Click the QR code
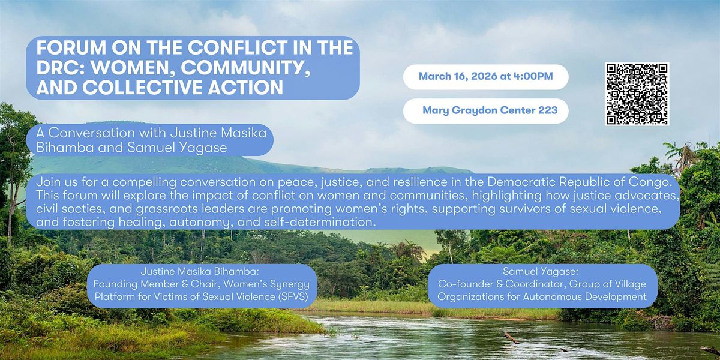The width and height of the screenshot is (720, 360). point(637,94)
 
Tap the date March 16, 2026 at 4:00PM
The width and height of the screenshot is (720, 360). point(485,77)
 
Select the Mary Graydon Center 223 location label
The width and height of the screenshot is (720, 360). point(490,110)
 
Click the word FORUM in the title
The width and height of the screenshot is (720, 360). point(71,47)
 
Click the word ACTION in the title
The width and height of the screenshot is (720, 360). point(245,88)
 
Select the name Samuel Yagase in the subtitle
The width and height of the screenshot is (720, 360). point(177,148)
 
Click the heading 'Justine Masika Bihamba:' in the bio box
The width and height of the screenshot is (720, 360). point(200,272)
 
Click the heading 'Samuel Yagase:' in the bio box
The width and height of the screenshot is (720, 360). point(541,272)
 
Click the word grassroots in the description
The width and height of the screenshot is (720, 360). point(167,209)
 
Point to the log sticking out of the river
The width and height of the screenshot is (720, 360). point(511,338)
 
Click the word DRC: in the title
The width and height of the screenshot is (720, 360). point(61,67)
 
